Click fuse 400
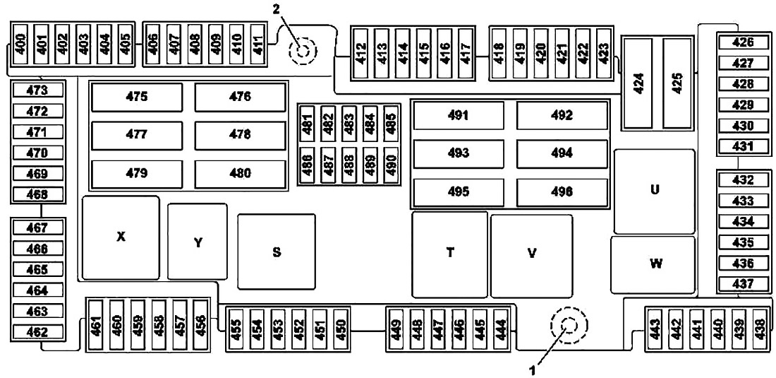click(x=20, y=44)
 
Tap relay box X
click(x=121, y=238)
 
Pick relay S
click(x=277, y=251)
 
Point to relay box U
click(x=655, y=191)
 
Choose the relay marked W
click(x=653, y=264)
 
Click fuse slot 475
click(x=137, y=97)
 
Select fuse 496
click(x=562, y=192)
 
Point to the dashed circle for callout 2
click(x=303, y=50)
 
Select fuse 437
click(x=744, y=284)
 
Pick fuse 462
click(x=38, y=332)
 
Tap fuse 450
click(x=341, y=329)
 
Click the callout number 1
click(x=533, y=369)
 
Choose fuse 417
click(x=465, y=53)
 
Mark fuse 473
click(x=38, y=90)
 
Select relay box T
click(x=450, y=254)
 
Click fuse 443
click(x=655, y=329)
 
